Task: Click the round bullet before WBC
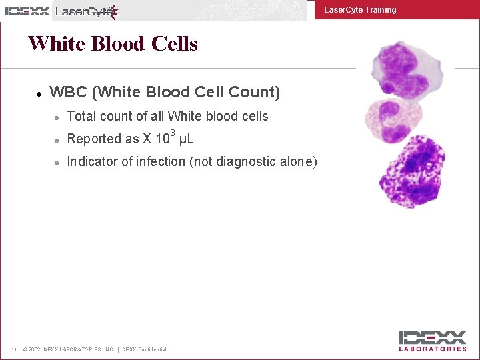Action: coord(40,93)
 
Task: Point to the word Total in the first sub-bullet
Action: coord(82,116)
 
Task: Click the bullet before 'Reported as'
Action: coord(58,140)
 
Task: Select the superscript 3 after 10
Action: coord(173,132)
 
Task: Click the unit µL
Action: coord(187,139)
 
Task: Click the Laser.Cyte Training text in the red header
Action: coord(360,10)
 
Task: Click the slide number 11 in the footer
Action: coord(13,349)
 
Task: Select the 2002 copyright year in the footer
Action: coord(34,349)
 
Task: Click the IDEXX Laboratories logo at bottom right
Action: coord(433,341)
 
